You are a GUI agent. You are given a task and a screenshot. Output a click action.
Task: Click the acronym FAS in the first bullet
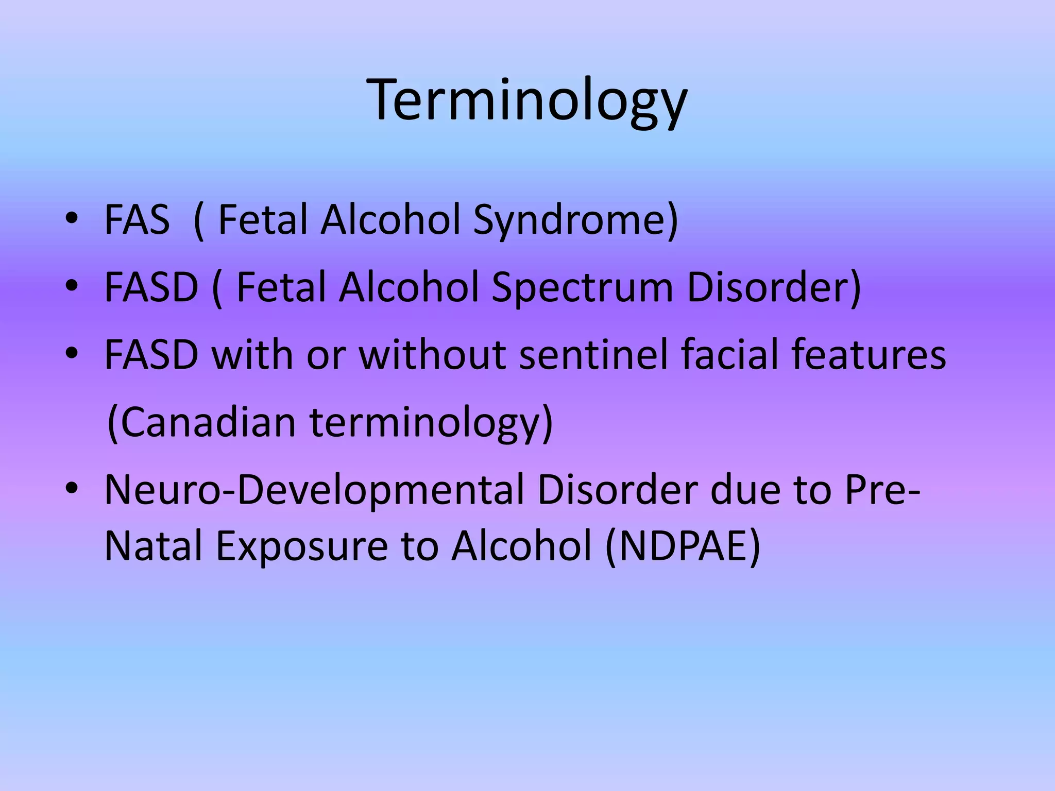(137, 220)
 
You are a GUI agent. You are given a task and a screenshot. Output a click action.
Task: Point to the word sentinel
(593, 355)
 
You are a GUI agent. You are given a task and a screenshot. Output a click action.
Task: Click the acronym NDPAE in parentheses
(683, 546)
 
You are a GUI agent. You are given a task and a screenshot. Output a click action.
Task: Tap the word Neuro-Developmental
(314, 490)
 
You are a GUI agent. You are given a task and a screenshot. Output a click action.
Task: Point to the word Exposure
(302, 546)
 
